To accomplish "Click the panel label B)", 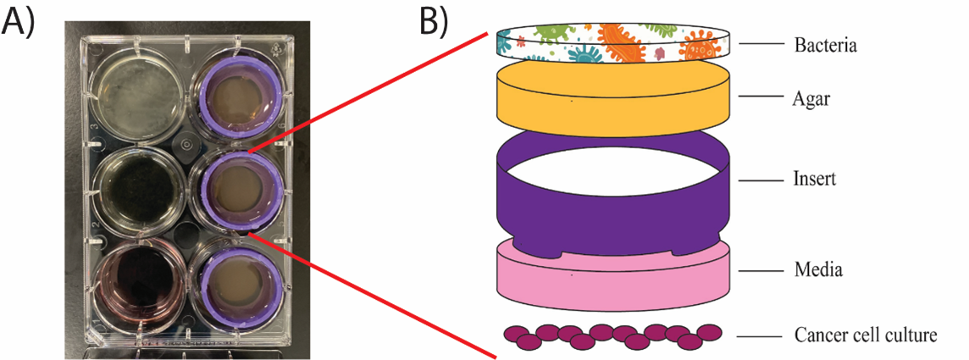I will point(437,20).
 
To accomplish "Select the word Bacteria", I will point(825,44).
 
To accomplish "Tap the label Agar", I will point(811,98).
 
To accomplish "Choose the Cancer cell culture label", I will point(865,335).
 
